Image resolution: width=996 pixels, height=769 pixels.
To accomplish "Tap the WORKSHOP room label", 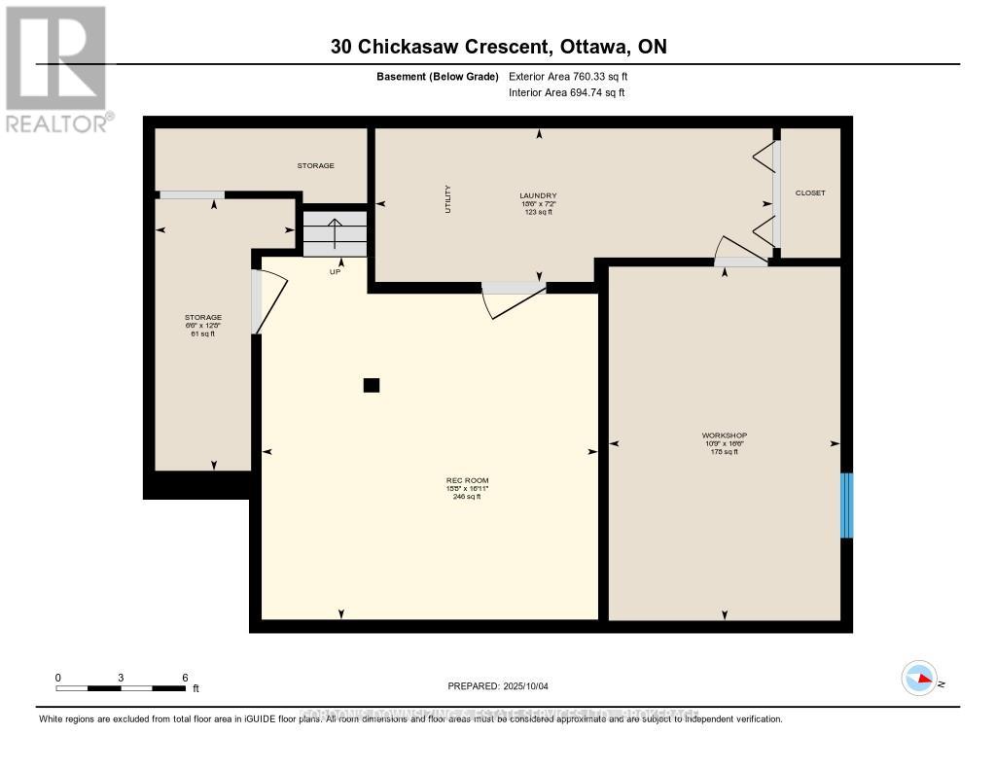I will (x=724, y=436).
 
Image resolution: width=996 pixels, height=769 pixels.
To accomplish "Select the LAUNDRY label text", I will (x=538, y=195).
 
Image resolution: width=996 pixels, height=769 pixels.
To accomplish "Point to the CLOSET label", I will (x=809, y=192).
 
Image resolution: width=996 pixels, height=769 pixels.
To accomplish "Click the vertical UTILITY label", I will (x=447, y=199).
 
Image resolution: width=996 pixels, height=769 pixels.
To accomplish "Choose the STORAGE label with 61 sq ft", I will (x=203, y=318).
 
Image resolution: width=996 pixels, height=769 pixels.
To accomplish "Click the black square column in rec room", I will (x=371, y=385).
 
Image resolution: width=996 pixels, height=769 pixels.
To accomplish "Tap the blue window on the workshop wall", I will (x=845, y=505).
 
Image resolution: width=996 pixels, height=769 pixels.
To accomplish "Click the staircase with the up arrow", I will (x=335, y=234).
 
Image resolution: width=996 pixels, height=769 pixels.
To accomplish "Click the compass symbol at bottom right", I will (x=918, y=678).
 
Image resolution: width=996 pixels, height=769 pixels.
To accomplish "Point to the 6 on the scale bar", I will (x=184, y=677).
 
